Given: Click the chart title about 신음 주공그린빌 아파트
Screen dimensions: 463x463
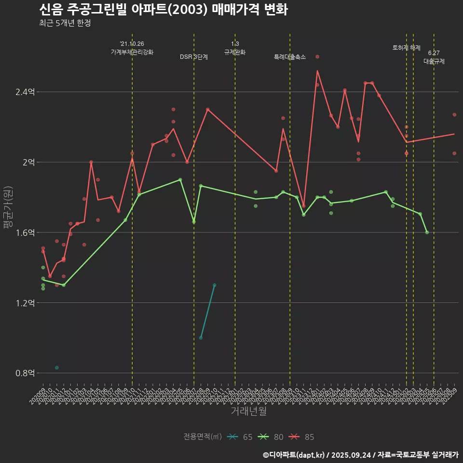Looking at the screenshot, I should coord(163,10).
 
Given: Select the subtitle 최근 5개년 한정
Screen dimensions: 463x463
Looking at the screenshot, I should coord(65,23).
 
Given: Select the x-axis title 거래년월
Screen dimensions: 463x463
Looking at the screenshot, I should coord(248,411).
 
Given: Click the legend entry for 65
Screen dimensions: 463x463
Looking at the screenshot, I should coord(241,437).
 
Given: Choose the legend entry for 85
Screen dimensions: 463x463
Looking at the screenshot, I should coord(302,437).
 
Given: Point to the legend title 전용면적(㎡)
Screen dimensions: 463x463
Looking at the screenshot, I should coord(203,437).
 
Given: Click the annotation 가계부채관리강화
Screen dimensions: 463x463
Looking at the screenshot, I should coord(132,52).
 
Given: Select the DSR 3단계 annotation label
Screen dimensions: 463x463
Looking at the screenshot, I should coord(194,57).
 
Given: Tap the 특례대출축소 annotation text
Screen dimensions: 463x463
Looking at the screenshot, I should coord(290,57).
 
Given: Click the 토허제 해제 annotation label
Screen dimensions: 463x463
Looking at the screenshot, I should coord(407,48).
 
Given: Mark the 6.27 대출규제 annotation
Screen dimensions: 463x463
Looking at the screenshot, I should coord(434,57).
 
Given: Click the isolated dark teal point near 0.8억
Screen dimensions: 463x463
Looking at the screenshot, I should coord(57,368).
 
